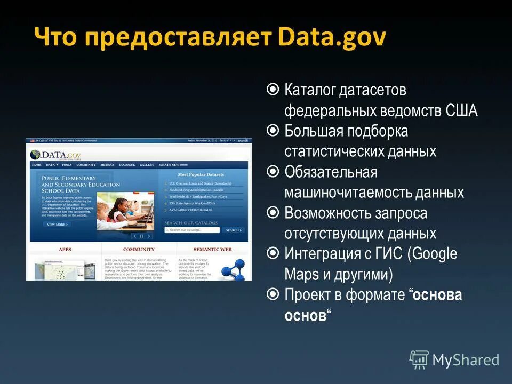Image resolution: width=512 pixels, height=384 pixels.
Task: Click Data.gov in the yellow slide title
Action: click(331, 39)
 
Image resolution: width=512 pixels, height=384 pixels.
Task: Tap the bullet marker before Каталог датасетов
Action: click(273, 90)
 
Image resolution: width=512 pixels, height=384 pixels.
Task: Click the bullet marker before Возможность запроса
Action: click(273, 213)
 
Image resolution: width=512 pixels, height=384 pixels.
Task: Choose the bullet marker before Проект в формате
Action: click(273, 294)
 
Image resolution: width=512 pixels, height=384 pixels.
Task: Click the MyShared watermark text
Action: click(466, 360)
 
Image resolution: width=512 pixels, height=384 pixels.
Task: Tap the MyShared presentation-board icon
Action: click(419, 360)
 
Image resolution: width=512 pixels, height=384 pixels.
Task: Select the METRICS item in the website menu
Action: click(107, 165)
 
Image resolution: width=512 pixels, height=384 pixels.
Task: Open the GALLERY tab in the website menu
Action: click(147, 165)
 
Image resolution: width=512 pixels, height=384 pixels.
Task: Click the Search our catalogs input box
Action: click(192, 230)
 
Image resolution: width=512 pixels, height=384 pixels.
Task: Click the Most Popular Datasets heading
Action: click(201, 174)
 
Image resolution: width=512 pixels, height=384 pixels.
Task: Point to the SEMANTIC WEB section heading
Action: click(212, 249)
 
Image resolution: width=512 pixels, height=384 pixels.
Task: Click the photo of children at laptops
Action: click(125, 205)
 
